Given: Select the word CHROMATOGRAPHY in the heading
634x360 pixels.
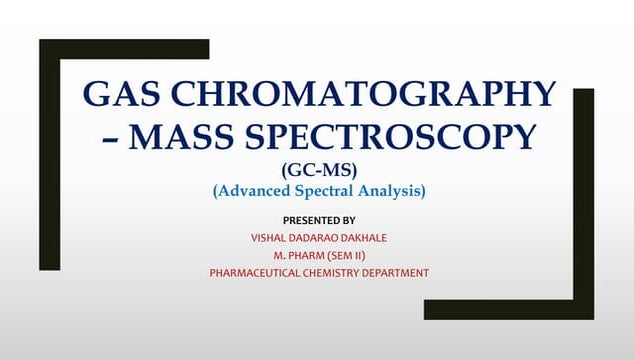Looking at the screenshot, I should (x=365, y=94).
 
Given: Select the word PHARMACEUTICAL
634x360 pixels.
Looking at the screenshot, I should (x=257, y=273).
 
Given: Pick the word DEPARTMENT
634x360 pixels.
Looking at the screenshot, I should (x=399, y=273).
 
